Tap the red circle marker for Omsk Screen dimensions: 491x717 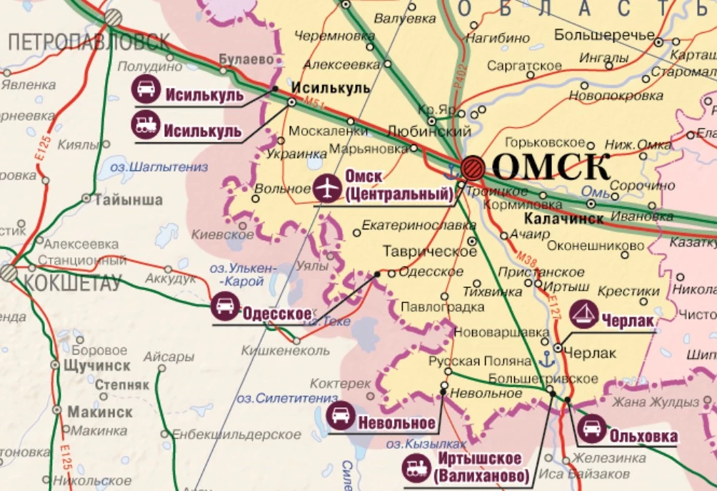pos(473,169)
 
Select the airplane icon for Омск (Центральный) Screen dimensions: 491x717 pos(327,189)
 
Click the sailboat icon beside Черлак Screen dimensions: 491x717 pos(584,315)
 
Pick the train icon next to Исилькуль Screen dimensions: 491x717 pos(146,126)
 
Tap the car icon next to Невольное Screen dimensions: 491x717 pos(341,415)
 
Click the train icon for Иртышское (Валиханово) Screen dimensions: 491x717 pos(416,467)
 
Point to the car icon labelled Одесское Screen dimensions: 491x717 pos(225,307)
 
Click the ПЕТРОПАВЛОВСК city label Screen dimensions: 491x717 pos(89,42)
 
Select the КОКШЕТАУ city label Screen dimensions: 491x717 pos(71,283)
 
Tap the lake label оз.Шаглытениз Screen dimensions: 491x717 pos(159,167)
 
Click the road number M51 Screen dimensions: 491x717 pos(311,107)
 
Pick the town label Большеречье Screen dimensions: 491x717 pos(604,34)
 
